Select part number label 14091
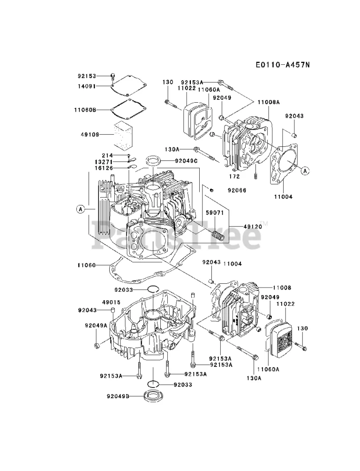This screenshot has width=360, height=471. coord(87,86)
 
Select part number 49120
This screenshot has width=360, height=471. coord(253,226)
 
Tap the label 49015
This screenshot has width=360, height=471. coord(111,302)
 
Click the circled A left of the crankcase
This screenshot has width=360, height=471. coord(81,209)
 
